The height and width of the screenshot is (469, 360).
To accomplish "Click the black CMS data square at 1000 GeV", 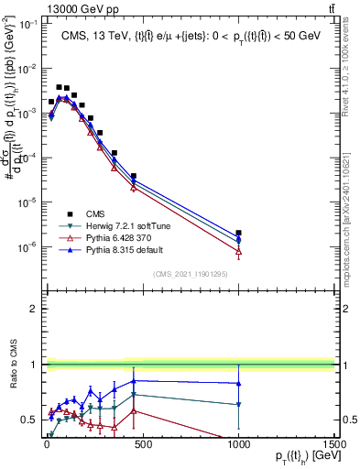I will [238, 234].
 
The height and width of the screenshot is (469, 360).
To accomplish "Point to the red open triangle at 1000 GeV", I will [238, 251].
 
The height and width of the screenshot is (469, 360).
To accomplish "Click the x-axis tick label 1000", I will [238, 442].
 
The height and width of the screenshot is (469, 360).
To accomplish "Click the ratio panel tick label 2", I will [31, 309].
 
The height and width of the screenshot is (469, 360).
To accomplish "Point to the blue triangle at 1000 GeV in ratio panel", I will [238, 383].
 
